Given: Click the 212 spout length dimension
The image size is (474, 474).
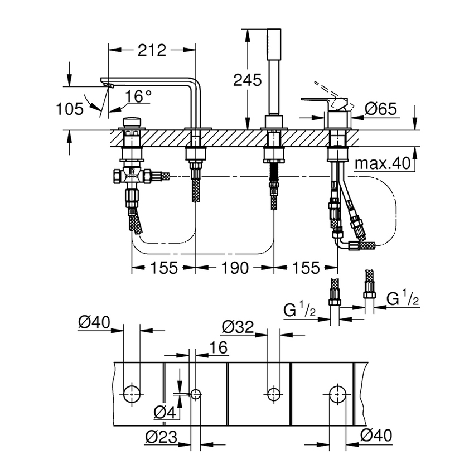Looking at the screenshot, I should pyautogui.click(x=152, y=51).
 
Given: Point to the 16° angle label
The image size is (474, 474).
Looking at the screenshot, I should pyautogui.click(x=138, y=96).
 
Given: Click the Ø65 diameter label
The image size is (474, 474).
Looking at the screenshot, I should pyautogui.click(x=381, y=109).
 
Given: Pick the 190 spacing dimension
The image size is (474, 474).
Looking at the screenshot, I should pyautogui.click(x=234, y=268).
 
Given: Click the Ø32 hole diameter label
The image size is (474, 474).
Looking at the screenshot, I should pyautogui.click(x=237, y=326).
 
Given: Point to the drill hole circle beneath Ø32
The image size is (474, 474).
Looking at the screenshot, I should pyautogui.click(x=273, y=394).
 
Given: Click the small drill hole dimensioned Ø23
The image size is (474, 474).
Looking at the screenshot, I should pyautogui.click(x=196, y=394).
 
